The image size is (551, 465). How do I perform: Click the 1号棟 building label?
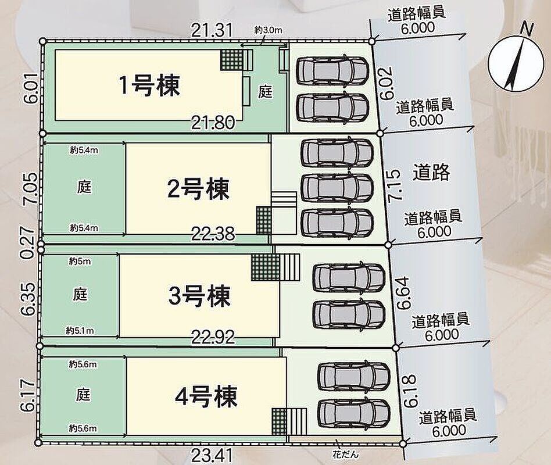point(149,85)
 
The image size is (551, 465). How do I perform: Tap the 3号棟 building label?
point(199,296)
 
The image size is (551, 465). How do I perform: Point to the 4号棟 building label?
point(206,398)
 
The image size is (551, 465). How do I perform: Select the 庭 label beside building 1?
point(266,92)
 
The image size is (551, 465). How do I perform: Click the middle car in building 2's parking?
point(337,188)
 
